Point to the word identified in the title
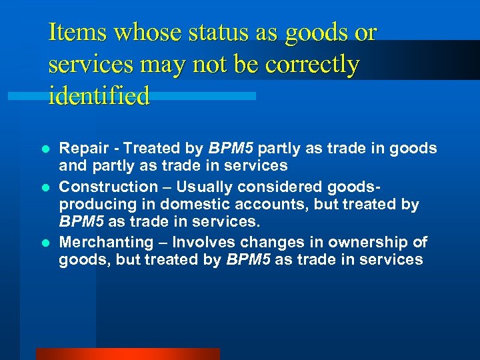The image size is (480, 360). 99,97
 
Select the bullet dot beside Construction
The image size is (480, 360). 45,187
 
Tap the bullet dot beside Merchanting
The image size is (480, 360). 45,243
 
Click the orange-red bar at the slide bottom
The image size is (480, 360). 127,354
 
